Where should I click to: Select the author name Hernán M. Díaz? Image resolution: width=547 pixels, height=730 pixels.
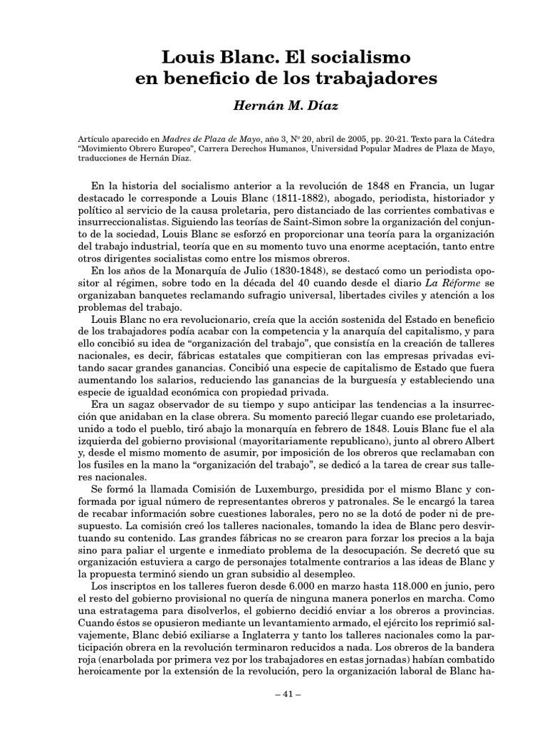273,106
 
